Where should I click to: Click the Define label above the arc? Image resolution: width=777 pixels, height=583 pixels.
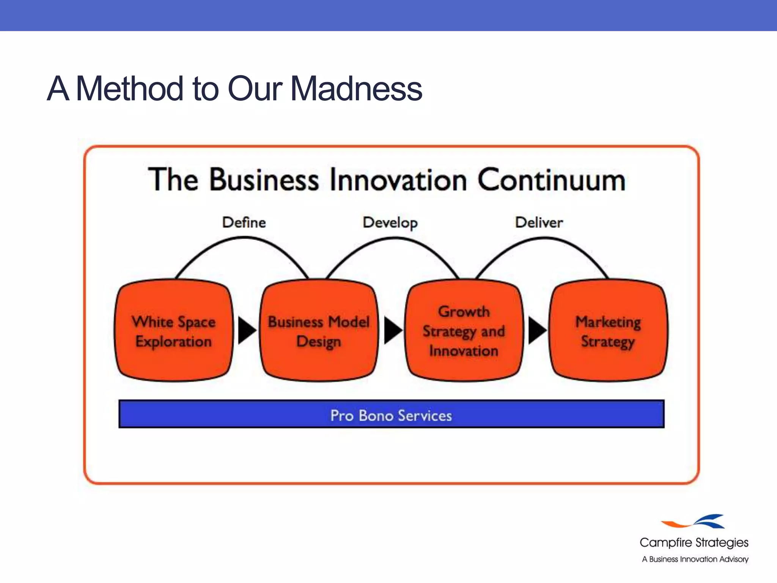click(244, 222)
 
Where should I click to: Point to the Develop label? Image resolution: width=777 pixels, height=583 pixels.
click(390, 223)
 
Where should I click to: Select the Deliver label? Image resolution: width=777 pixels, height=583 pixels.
click(539, 222)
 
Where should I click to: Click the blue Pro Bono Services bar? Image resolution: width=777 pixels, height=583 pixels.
click(391, 414)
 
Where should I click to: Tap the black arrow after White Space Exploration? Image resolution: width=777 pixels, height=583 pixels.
click(247, 331)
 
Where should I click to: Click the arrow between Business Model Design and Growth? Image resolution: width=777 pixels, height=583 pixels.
click(393, 331)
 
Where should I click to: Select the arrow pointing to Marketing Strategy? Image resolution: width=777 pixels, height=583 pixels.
click(537, 331)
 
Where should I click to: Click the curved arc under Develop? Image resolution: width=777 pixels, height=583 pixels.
click(394, 238)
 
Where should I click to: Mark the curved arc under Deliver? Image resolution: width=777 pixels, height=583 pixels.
click(543, 238)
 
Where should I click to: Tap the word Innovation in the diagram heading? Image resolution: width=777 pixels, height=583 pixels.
click(398, 180)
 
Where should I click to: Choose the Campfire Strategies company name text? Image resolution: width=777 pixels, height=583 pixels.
click(694, 543)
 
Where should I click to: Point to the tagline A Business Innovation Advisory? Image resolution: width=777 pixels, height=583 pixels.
click(695, 559)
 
